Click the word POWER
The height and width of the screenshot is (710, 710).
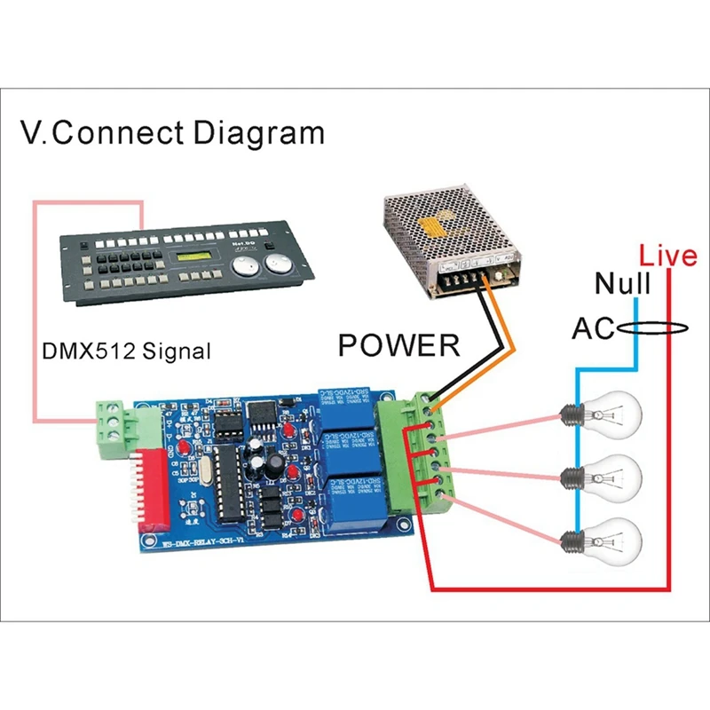pyautogui.click(x=399, y=344)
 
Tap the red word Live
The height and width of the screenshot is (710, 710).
pyautogui.click(x=668, y=257)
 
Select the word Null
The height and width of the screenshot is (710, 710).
pyautogui.click(x=623, y=285)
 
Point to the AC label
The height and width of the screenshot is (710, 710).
pyautogui.click(x=592, y=328)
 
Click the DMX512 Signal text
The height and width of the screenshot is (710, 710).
pyautogui.click(x=127, y=351)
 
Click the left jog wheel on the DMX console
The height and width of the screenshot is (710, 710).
pyautogui.click(x=247, y=270)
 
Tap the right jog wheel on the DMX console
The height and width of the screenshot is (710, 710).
pyautogui.click(x=280, y=264)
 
